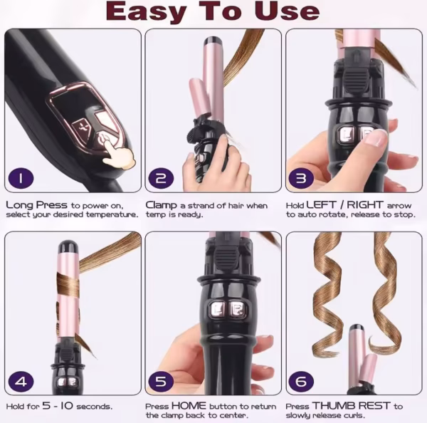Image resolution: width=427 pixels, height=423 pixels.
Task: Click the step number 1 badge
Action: click(21, 179)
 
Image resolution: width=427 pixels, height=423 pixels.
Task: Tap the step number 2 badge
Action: click(161, 179)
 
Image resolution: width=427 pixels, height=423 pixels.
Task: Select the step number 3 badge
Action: click(301, 179)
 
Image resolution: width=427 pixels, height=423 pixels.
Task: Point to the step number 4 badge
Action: click(21, 381)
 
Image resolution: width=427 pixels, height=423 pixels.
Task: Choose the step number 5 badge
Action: click(161, 381)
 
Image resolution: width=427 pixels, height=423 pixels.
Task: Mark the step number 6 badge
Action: click(301, 381)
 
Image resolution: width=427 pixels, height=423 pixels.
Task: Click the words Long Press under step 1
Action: click(36, 205)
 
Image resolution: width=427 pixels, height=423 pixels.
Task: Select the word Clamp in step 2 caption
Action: click(162, 206)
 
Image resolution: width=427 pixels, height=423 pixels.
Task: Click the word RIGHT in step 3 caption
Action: click(365, 204)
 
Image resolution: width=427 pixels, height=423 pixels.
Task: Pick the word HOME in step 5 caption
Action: click(189, 406)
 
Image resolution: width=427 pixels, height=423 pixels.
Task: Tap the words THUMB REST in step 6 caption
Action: click(352, 406)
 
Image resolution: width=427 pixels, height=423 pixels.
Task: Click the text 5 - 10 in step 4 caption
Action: click(58, 406)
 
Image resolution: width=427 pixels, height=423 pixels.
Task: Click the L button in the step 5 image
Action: click(218, 310)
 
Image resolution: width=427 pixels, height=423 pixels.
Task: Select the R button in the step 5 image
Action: click(236, 310)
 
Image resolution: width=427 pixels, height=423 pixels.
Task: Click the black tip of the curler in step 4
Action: click(68, 246)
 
